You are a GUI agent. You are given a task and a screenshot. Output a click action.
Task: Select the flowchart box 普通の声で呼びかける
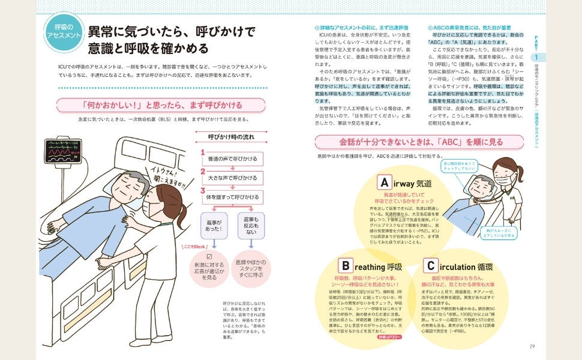232,158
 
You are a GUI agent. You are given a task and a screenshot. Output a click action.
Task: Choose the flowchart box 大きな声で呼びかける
232,178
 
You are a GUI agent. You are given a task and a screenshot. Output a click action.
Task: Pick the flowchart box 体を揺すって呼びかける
232,196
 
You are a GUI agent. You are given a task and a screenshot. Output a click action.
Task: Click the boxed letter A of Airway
383,182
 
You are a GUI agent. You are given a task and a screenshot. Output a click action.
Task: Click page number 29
532,346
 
